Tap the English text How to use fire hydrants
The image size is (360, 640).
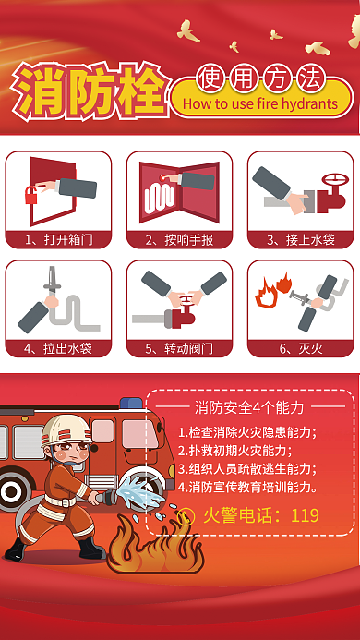(x=261, y=104)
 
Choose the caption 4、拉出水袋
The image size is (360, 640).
(x=58, y=348)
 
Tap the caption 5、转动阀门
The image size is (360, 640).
(x=179, y=348)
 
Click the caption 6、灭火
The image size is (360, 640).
(x=300, y=348)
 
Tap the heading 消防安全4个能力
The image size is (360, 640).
(x=249, y=407)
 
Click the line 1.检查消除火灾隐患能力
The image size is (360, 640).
(x=246, y=432)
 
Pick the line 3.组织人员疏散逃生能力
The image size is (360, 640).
(x=246, y=469)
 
